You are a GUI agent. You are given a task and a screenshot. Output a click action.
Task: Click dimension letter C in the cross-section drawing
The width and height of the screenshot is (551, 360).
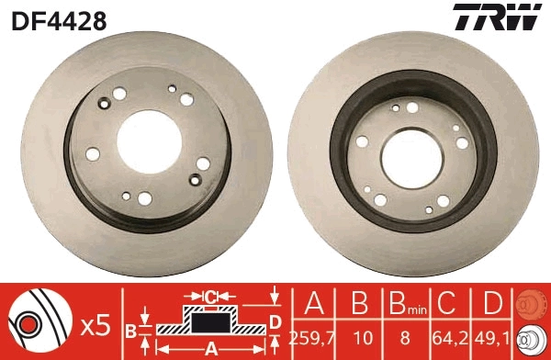pos(210,297)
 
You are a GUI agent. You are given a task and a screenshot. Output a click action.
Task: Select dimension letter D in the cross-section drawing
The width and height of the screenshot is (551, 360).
pos(275,321)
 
